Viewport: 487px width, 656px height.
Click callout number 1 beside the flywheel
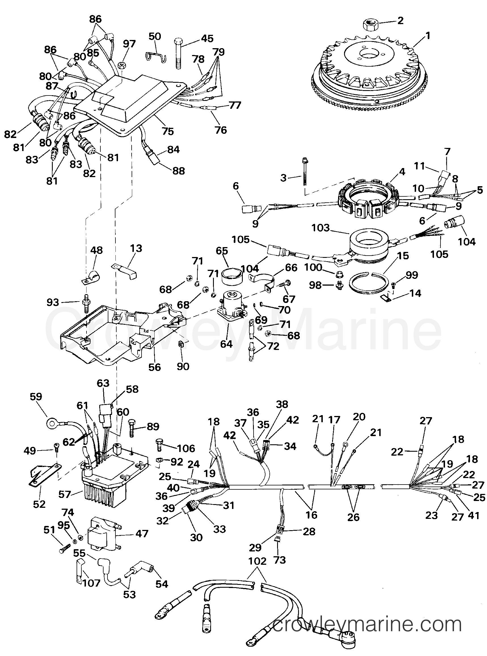pos(428,36)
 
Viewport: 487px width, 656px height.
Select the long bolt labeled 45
pos(178,53)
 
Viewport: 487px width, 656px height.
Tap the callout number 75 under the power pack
pos(168,131)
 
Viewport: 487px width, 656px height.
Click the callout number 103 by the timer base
pos(321,228)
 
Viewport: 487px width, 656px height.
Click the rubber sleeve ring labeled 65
pos(231,277)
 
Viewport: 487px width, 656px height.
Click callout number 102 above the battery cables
pos(257,561)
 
